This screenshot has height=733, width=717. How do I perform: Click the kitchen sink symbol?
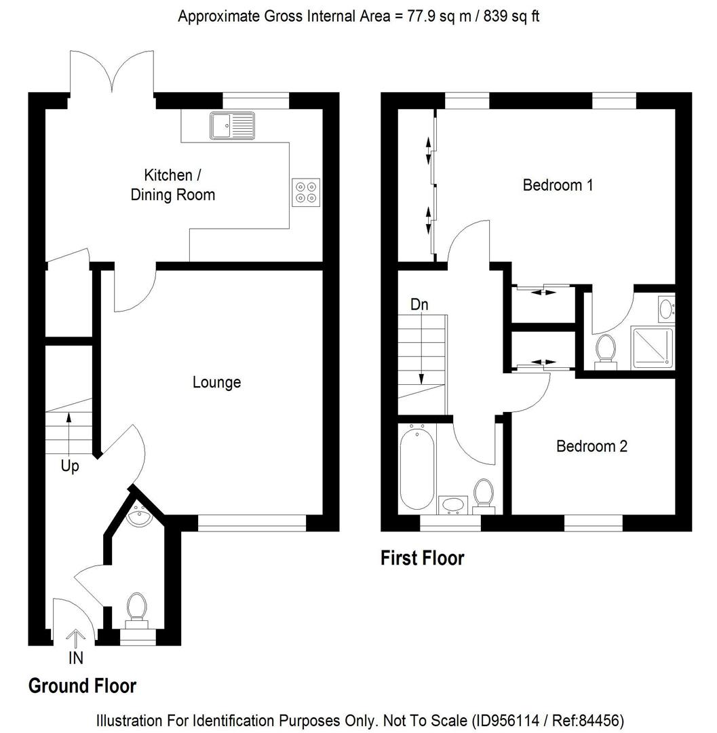pos(233,125)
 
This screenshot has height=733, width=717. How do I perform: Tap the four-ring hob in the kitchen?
pos(305,191)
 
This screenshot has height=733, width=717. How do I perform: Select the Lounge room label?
pos(216,383)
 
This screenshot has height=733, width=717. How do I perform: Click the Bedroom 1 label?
pos(558,185)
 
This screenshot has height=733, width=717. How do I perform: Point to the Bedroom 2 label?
pos(592,447)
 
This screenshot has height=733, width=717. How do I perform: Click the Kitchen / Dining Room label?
pos(172,185)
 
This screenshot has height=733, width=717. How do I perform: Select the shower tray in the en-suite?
pos(652,348)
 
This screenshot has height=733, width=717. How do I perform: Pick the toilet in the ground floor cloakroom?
pos(137,607)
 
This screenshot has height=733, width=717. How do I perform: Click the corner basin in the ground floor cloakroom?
pos(140,517)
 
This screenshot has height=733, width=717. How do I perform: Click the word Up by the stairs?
pos(70,467)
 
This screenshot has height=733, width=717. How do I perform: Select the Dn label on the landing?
pos(419,305)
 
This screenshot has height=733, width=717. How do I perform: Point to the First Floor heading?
pos(422,559)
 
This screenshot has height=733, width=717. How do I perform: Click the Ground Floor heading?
pos(82,686)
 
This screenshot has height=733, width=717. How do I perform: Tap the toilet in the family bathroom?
pos(484,493)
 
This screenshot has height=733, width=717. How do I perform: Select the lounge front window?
pos(252,522)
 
